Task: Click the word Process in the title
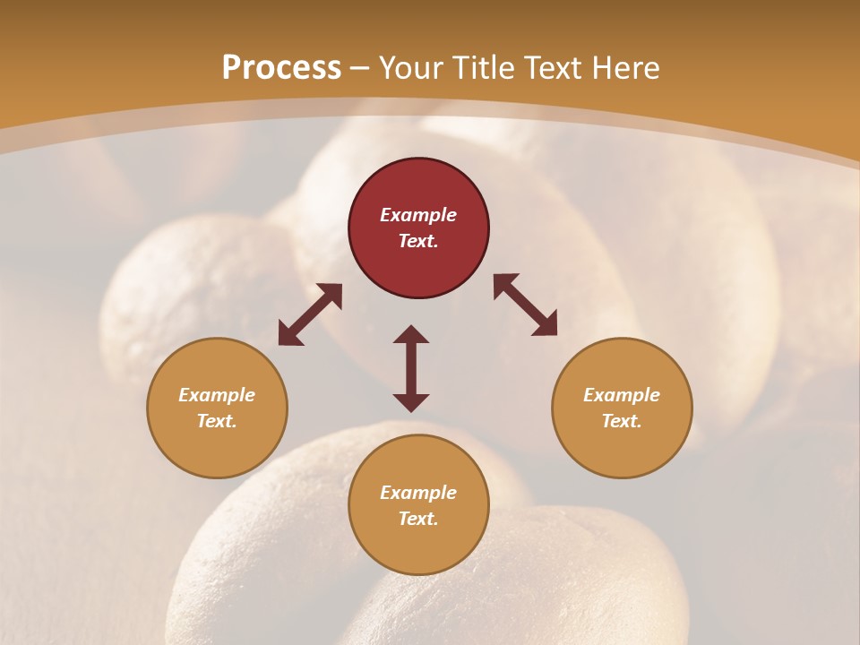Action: coord(281,68)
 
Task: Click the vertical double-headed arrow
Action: coord(411,368)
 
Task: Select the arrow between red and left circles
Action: coord(310,314)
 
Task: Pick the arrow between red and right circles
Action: coord(526,305)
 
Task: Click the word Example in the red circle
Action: coord(418,215)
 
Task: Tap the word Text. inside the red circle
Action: coord(418,241)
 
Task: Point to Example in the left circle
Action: coord(217,395)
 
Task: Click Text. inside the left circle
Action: coord(217,421)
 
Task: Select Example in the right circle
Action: coord(622,395)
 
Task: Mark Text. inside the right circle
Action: coord(622,421)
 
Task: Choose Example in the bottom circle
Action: coord(418,493)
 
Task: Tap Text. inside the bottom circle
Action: coord(418,519)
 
